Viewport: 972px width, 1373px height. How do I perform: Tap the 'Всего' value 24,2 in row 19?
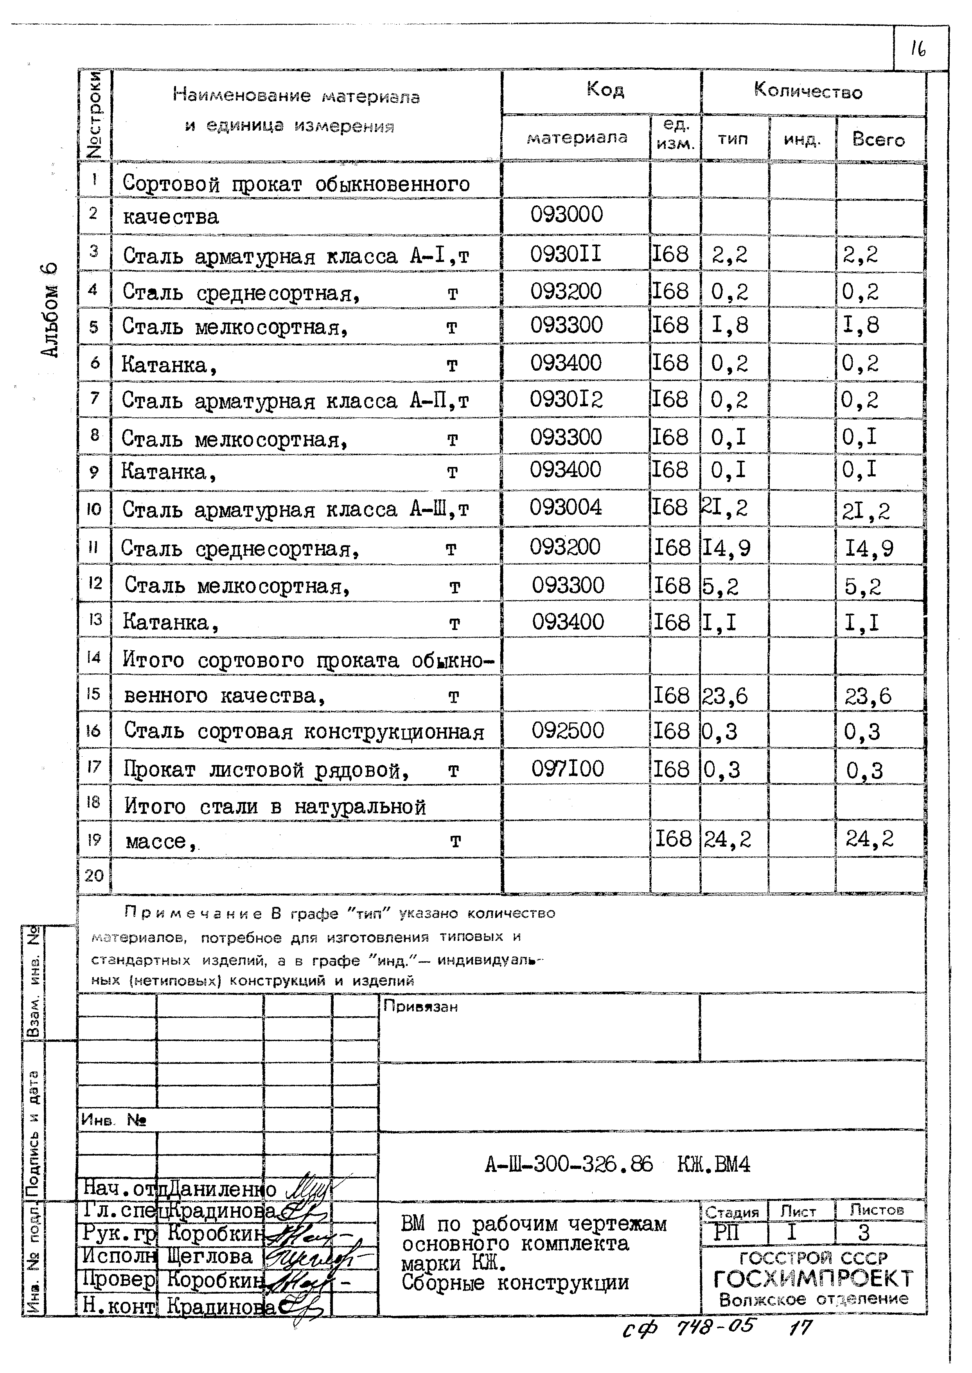click(x=869, y=839)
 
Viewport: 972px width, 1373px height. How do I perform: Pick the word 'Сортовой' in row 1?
click(x=171, y=184)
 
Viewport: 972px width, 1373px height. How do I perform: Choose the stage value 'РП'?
click(x=727, y=1233)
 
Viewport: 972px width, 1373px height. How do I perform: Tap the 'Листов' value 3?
click(x=863, y=1233)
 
